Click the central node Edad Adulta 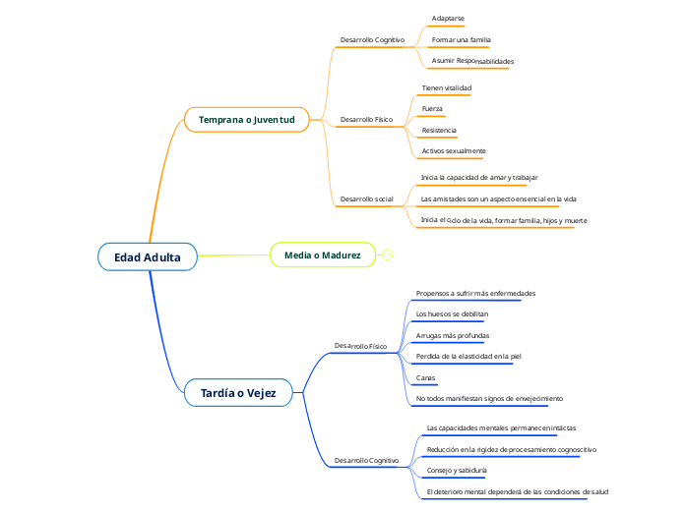[x=148, y=257]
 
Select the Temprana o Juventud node [x=246, y=120]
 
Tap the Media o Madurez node [x=322, y=255]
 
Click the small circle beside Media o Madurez [x=387, y=255]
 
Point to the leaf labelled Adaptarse [x=448, y=19]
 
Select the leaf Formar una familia [x=461, y=40]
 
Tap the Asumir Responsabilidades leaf [x=472, y=61]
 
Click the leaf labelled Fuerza [x=432, y=108]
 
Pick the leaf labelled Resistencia [x=439, y=130]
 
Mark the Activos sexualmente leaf [x=454, y=151]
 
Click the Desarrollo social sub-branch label [x=366, y=199]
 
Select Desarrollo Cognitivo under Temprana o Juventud [x=372, y=40]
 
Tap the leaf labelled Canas [x=426, y=377]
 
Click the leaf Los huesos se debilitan [x=452, y=314]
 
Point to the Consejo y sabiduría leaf [x=457, y=471]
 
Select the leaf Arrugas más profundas [x=453, y=335]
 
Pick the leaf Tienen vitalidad [x=447, y=87]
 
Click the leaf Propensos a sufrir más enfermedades [x=475, y=293]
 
